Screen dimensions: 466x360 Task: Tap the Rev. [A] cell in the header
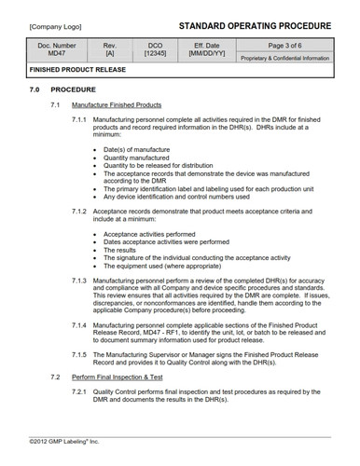tap(109, 50)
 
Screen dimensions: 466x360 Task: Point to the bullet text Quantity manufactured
tap(141, 158)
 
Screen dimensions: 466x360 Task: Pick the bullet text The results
tap(120, 250)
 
